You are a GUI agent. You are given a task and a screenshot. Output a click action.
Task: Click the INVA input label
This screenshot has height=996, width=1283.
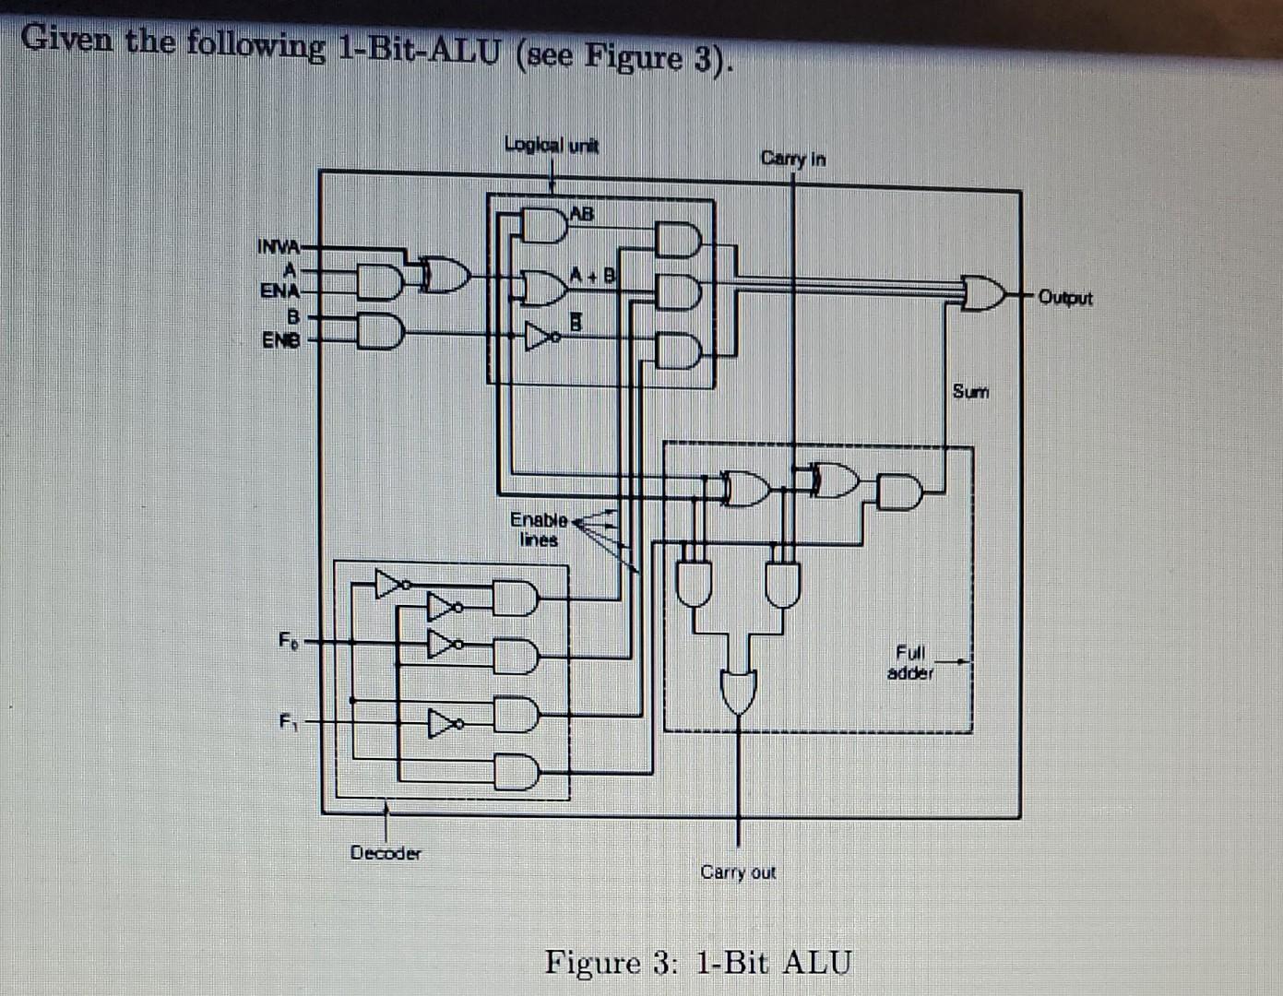coord(278,247)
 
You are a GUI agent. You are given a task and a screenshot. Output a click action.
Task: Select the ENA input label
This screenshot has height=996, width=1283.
coord(279,291)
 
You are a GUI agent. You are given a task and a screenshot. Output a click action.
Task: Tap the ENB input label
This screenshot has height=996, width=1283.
coord(279,339)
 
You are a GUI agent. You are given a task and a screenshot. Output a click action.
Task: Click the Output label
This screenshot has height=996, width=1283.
coord(1064,298)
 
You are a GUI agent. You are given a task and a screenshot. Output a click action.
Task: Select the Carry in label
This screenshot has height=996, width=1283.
coord(792,159)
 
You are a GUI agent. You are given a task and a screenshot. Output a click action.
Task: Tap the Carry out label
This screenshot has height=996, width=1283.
coord(738,872)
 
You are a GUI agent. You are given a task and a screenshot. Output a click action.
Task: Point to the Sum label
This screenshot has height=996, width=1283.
coord(969,392)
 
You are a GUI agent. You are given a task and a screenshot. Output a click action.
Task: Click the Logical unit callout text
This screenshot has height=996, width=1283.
coord(551,145)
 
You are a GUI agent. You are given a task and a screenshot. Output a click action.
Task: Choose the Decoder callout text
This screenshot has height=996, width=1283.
coord(386,853)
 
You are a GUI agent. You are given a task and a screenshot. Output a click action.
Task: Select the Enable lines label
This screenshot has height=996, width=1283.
coord(539,530)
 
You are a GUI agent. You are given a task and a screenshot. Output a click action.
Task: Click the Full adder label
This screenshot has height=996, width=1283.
coord(910,663)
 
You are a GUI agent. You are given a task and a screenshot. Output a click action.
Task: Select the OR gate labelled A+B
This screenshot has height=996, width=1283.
coord(544,287)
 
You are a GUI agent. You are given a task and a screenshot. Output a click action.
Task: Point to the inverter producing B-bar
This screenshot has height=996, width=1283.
coord(540,337)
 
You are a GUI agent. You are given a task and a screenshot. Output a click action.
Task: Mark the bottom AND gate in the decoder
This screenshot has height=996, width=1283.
coord(516,771)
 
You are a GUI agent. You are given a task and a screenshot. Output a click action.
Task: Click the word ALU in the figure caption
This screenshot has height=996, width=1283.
coord(816,963)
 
